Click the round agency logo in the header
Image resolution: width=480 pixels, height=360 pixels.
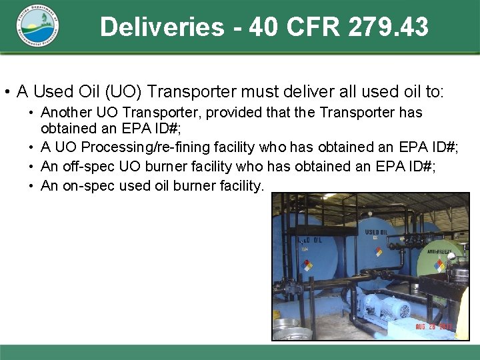click(x=39, y=27)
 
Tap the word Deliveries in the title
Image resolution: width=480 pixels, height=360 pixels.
click(x=162, y=27)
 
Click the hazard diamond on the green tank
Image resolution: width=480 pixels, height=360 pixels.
click(x=439, y=265)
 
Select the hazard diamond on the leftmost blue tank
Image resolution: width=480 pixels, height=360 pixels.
click(x=307, y=265)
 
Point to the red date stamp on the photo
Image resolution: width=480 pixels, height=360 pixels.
click(x=433, y=327)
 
